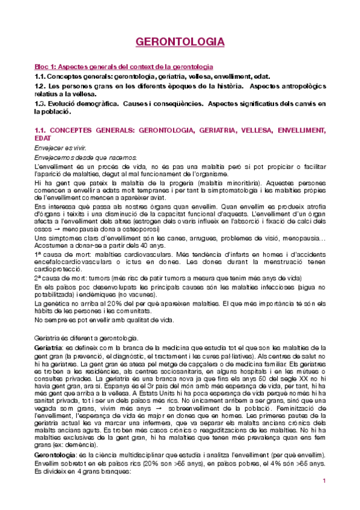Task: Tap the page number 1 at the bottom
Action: (324, 498)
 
